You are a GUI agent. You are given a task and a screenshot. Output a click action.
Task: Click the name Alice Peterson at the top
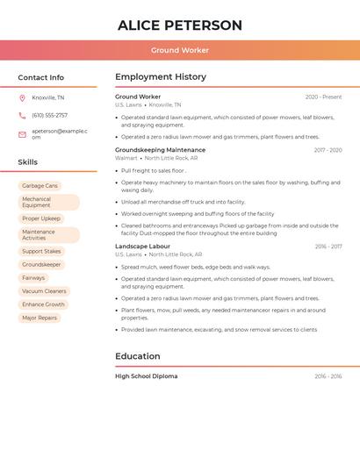[180, 25]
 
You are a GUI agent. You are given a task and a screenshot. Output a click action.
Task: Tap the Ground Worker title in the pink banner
[180, 51]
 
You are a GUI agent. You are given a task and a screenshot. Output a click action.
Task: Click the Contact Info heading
[40, 77]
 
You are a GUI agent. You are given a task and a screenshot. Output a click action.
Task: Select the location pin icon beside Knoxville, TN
[22, 98]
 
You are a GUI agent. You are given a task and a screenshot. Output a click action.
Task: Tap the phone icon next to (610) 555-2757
[22, 115]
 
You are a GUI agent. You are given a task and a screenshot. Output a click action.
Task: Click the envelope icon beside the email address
[22, 134]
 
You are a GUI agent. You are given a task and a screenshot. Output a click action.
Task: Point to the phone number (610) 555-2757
[49, 115]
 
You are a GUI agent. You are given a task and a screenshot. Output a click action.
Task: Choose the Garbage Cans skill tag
[40, 186]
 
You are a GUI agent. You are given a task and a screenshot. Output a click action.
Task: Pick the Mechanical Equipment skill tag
[48, 202]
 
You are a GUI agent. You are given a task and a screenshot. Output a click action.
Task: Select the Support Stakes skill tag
[41, 251]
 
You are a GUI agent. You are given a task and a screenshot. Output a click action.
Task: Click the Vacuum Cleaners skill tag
[44, 291]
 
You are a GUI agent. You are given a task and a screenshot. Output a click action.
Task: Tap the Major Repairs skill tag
[40, 318]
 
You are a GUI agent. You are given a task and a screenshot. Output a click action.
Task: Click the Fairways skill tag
[33, 278]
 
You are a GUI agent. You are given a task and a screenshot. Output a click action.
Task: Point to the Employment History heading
[161, 77]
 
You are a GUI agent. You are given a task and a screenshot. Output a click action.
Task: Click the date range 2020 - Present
[323, 97]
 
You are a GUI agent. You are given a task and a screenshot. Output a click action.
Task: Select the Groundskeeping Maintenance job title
[160, 150]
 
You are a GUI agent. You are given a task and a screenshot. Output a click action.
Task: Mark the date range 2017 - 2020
[328, 150]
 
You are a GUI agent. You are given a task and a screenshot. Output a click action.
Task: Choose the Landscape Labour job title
[142, 247]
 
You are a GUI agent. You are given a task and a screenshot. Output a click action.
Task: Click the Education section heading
[137, 356]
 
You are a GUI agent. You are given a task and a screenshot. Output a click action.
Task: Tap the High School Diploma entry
[146, 376]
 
